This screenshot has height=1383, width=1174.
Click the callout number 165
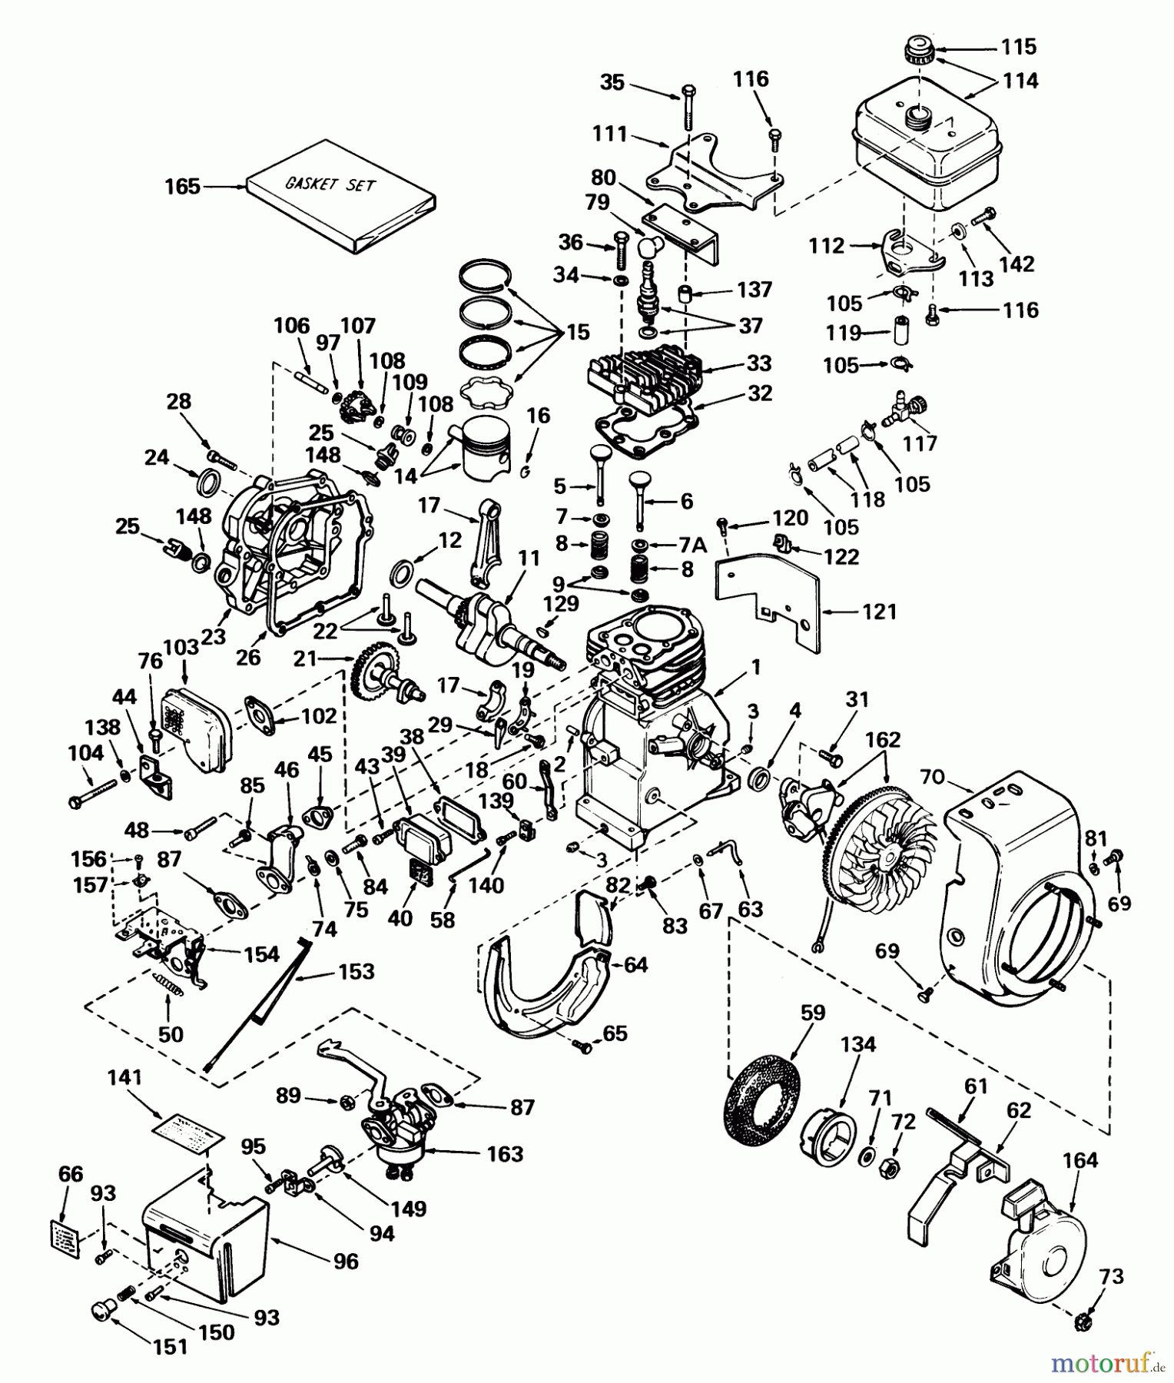(x=182, y=187)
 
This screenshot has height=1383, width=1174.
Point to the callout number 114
(x=1020, y=80)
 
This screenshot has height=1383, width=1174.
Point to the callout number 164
(x=1080, y=1160)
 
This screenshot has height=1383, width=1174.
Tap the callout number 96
(x=346, y=1262)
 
